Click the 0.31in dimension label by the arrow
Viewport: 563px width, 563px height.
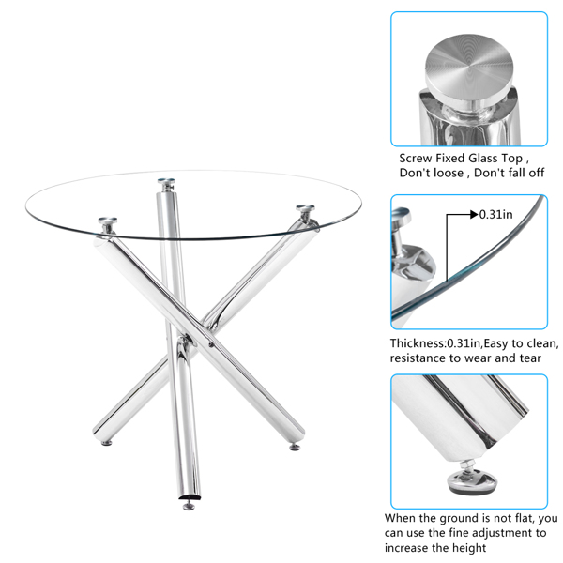[x=495, y=214]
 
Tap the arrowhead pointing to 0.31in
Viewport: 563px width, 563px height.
[x=474, y=215]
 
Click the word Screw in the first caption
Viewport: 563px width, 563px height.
[x=416, y=158]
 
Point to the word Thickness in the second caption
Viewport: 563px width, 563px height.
[x=417, y=343]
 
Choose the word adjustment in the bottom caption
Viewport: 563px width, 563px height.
[x=502, y=533]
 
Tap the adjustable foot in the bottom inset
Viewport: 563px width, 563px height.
[x=472, y=479]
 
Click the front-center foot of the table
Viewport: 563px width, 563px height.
[x=189, y=506]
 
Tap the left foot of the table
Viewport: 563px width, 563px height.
[x=107, y=443]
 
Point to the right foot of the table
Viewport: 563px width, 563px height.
[x=295, y=447]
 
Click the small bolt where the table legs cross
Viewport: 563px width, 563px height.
[x=211, y=345]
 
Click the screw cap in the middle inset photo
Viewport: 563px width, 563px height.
[x=401, y=215]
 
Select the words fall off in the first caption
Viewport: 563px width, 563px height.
[x=526, y=173]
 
